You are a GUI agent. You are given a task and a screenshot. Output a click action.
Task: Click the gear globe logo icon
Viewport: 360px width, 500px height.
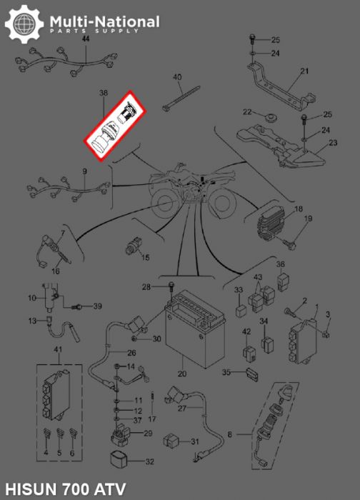[x=24, y=24]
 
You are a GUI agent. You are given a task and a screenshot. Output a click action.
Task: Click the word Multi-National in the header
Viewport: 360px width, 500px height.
[x=104, y=22]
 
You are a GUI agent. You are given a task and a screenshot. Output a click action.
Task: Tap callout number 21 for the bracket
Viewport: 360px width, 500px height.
[x=304, y=71]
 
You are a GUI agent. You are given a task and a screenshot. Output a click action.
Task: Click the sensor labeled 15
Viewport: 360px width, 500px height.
[x=132, y=246]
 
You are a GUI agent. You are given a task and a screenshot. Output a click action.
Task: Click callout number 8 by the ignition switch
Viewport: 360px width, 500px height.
[x=229, y=434]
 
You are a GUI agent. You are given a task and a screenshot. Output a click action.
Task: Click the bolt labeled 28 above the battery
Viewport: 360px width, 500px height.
[x=171, y=287]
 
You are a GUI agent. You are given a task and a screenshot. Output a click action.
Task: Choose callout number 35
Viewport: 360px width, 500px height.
[x=226, y=372]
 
